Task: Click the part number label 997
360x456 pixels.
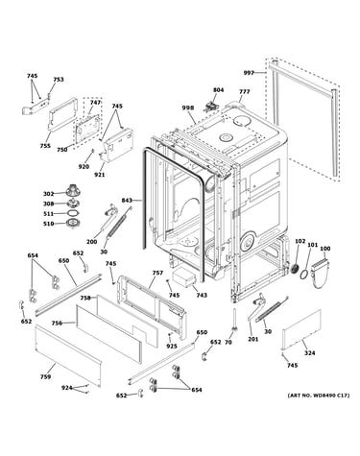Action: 249,73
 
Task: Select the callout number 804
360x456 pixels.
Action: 219,90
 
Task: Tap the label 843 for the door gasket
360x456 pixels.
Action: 127,201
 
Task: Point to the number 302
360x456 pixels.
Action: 49,194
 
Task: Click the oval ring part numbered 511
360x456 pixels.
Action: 73,213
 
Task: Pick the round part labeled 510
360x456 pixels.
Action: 73,224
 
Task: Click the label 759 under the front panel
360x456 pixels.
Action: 45,376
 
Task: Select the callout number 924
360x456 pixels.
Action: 67,388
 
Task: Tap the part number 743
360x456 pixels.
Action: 202,295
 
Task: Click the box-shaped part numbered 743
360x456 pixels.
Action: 183,277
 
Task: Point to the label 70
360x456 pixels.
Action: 228,343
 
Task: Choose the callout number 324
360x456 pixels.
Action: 309,352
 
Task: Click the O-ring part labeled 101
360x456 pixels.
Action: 304,275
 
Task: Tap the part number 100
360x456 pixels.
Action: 325,249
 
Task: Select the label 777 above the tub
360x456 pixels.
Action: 245,92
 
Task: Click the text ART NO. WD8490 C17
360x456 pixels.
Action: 319,396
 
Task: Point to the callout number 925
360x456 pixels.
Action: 172,346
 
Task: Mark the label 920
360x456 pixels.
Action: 84,166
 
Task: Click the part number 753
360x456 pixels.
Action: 59,80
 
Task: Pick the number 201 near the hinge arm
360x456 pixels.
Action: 252,339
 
